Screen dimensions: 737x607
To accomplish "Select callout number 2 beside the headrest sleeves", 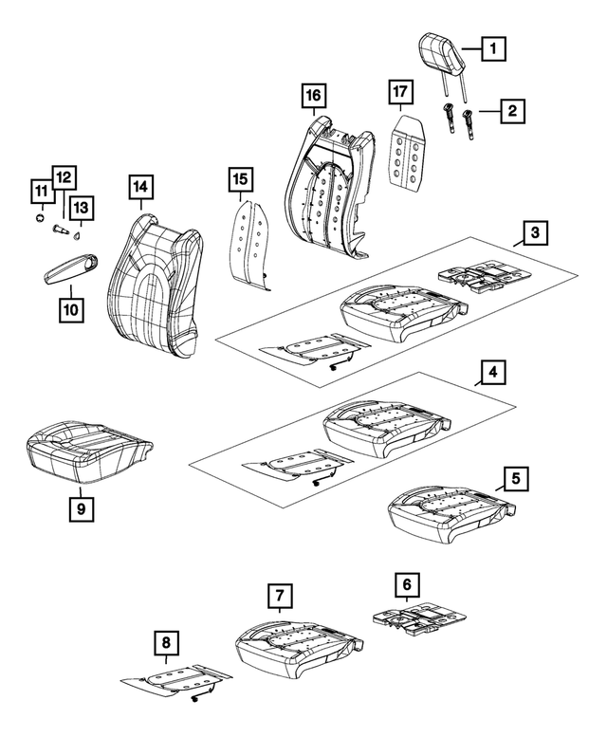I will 512,113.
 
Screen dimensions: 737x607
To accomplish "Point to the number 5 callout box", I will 515,478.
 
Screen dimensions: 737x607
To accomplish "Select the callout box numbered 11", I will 41,193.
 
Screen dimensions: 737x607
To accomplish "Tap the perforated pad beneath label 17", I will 409,151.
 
